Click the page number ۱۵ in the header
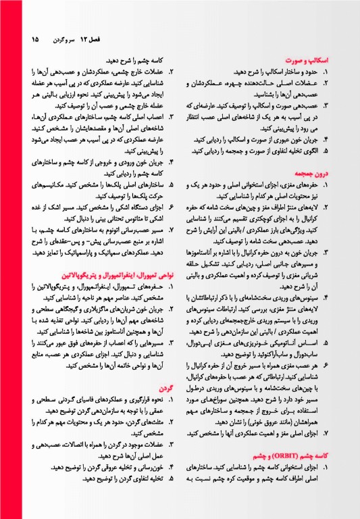click(x=34, y=39)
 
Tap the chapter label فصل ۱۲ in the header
click(x=88, y=39)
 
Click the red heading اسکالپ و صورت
click(x=306, y=60)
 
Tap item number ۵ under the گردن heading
click(x=172, y=479)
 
